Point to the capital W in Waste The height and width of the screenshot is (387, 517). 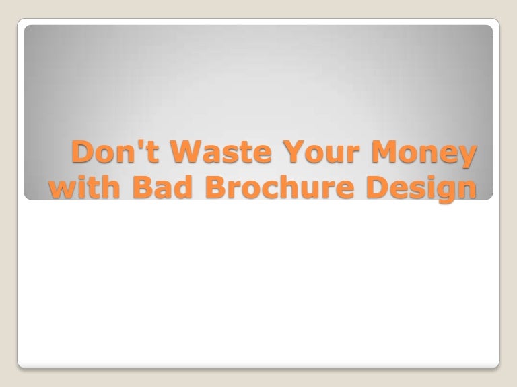pos(179,154)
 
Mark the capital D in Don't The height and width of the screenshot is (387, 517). pos(83,154)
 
